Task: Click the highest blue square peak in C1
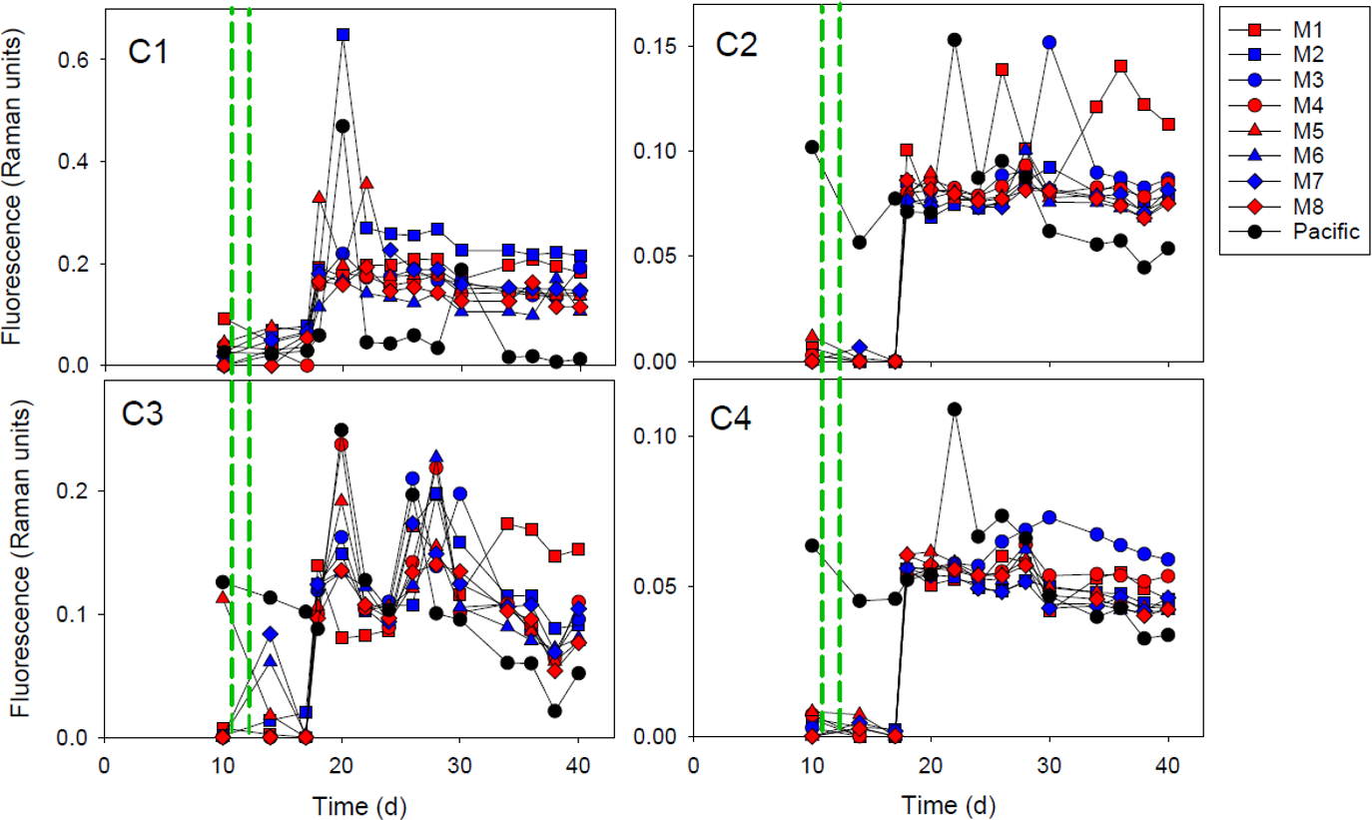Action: [343, 34]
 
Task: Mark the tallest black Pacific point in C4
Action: [955, 409]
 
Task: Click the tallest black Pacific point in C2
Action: [955, 40]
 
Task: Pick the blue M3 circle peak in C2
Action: [1049, 42]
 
